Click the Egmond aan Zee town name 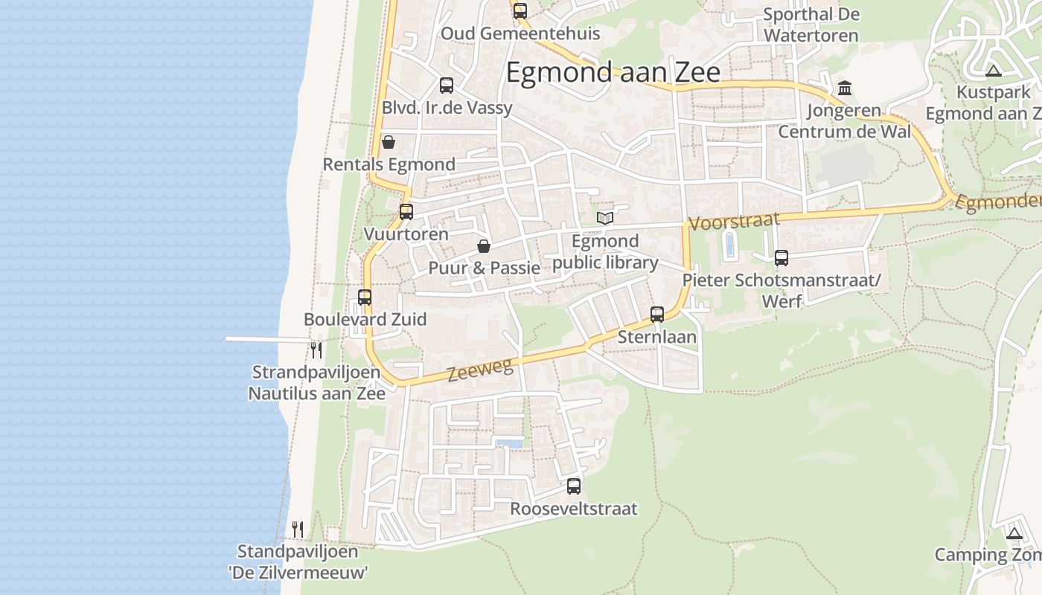point(613,73)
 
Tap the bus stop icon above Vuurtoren point(406,211)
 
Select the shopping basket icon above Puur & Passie point(484,245)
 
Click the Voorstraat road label point(734,221)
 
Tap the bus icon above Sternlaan point(657,314)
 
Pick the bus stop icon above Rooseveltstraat point(574,486)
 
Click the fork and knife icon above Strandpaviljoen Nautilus point(317,350)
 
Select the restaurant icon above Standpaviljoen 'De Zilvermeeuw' point(298,529)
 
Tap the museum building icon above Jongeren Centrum point(845,89)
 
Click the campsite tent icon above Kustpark point(993,71)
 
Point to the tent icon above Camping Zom point(1014,533)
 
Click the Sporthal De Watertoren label point(811,25)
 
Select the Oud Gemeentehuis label point(520,33)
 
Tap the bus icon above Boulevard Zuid point(365,297)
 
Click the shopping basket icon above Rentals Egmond point(389,141)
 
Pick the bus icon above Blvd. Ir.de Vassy point(447,86)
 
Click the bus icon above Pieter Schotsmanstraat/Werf point(781,258)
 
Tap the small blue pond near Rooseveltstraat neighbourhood point(510,443)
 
